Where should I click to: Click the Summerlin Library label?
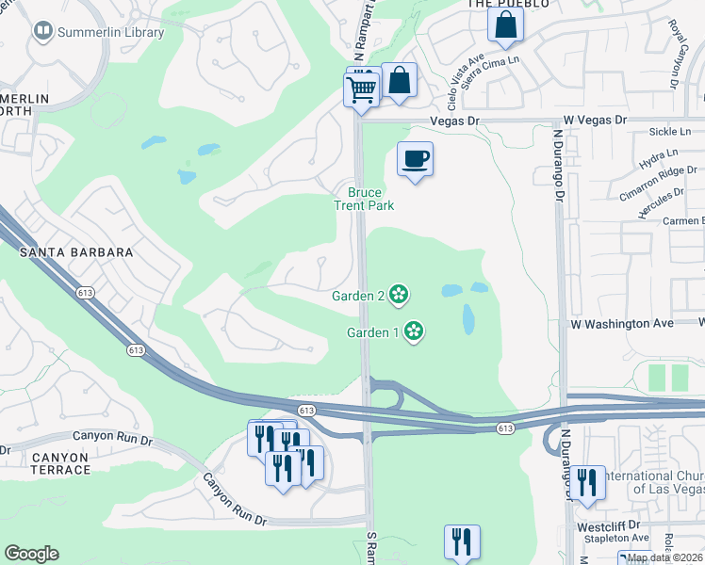(111, 32)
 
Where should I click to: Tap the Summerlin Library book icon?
(42, 32)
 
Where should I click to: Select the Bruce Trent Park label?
(364, 199)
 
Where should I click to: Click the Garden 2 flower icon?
(399, 295)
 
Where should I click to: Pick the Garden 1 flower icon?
(413, 331)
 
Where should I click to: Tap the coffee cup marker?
(414, 158)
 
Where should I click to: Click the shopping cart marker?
(361, 90)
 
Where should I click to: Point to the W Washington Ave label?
(622, 324)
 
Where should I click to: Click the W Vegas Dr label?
(595, 121)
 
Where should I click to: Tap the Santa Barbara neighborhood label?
(75, 253)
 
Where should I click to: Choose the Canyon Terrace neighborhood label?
(59, 463)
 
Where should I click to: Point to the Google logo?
(31, 554)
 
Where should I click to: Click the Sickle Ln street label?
(676, 135)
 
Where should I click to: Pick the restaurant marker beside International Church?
(587, 484)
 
